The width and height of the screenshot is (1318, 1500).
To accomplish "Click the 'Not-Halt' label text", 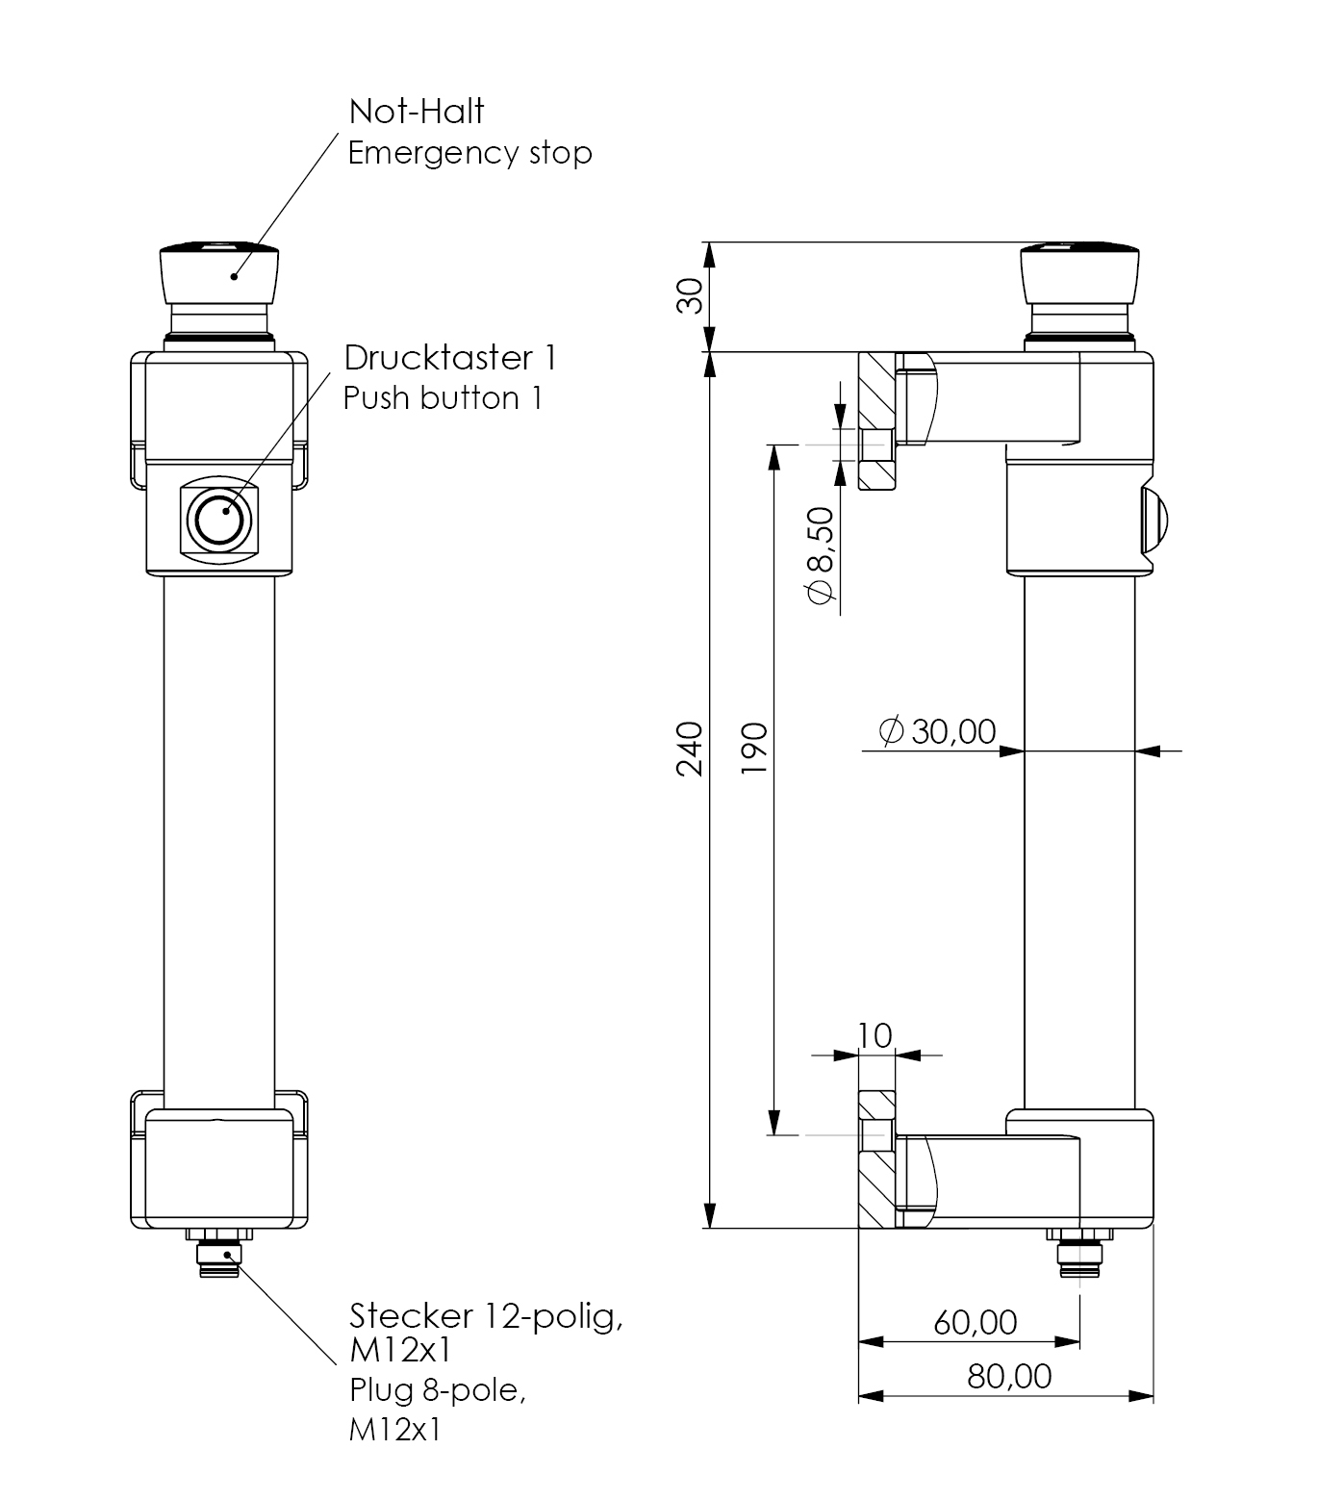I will pyautogui.click(x=416, y=112).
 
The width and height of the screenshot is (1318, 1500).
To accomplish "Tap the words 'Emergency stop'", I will pyautogui.click(x=469, y=153).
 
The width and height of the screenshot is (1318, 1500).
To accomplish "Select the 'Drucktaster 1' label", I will pyautogui.click(x=450, y=358).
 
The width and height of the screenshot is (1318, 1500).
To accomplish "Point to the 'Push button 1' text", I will pyautogui.click(x=443, y=398).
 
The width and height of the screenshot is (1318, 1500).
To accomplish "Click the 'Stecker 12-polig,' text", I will pyautogui.click(x=486, y=1314).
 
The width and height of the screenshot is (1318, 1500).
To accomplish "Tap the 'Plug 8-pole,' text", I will pyautogui.click(x=438, y=1390).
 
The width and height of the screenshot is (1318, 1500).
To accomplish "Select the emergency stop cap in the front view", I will pyautogui.click(x=219, y=270).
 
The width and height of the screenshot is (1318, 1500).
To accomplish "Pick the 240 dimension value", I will pyautogui.click(x=690, y=748).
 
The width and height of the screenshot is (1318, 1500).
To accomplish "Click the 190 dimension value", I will pyautogui.click(x=754, y=748).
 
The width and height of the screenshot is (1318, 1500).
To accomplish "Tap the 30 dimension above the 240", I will pyautogui.click(x=690, y=296).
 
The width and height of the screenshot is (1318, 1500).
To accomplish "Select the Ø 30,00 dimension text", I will pyautogui.click(x=938, y=731).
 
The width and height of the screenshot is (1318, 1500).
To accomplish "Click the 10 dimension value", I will pyautogui.click(x=874, y=1035).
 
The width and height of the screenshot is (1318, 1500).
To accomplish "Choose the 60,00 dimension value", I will pyautogui.click(x=975, y=1322).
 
